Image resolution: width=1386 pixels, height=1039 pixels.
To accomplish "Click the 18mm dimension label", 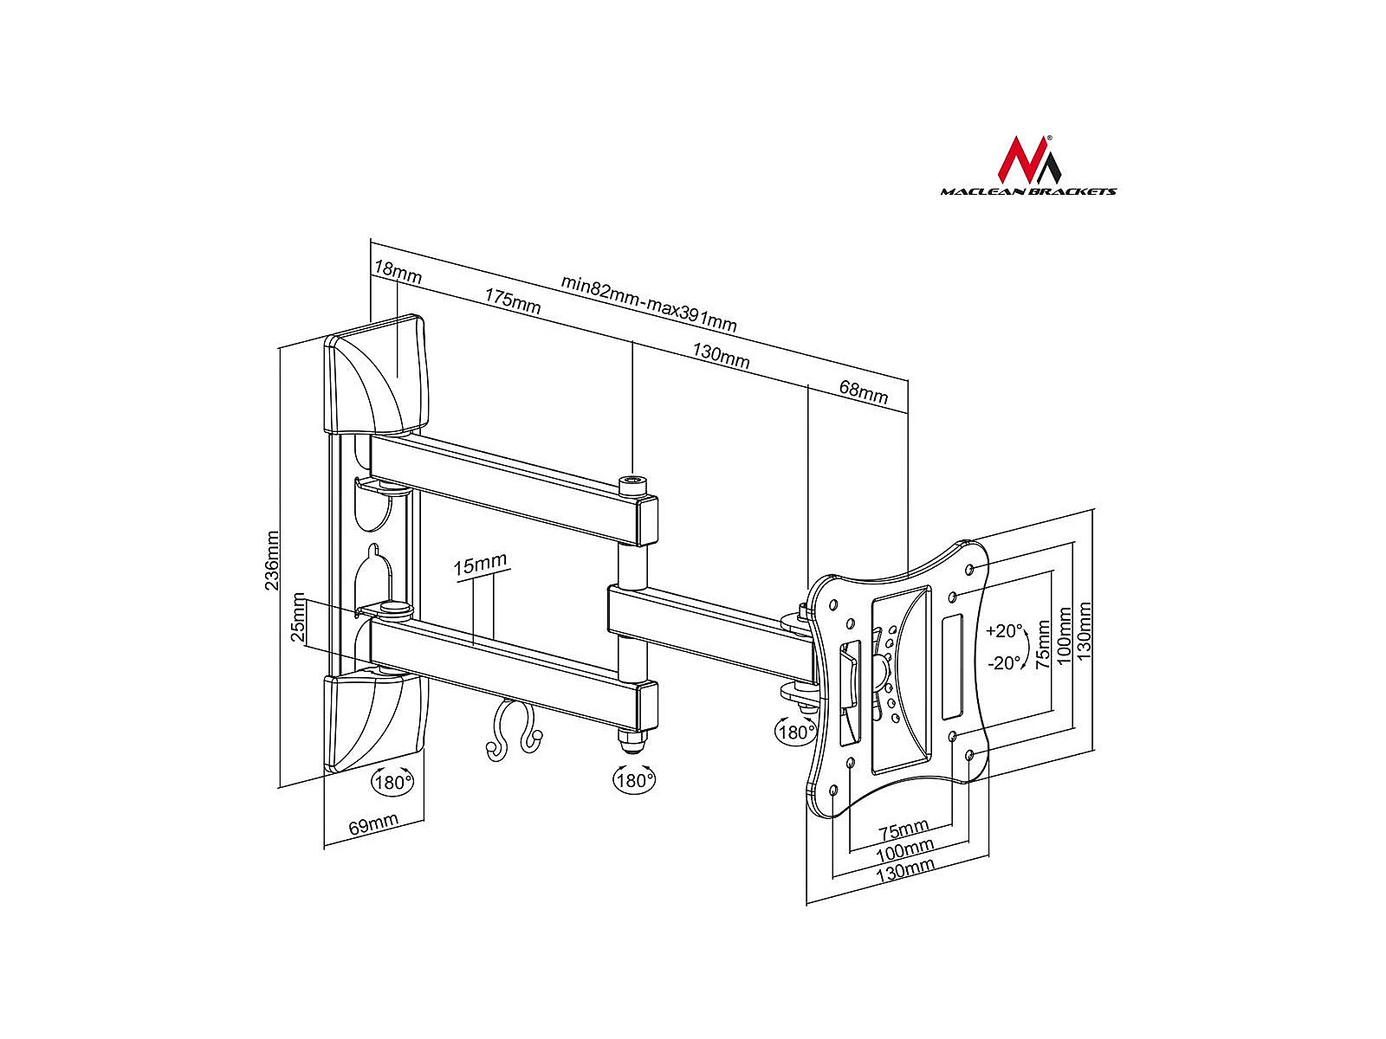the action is pos(397,272).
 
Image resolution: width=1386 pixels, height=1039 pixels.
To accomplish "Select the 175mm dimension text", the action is pos(512,301).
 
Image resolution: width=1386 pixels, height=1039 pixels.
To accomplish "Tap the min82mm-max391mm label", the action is pos(649,303).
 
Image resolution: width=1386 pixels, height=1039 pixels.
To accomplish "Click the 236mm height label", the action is pos(271,560).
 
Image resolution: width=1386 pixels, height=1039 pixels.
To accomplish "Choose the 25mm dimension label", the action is pos(297,617).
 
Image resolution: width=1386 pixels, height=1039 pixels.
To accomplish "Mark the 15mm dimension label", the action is pos(480,564).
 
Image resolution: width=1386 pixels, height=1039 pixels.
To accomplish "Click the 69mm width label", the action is pos(373,823).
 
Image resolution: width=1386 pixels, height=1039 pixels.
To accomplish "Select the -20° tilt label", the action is pos(1004,662).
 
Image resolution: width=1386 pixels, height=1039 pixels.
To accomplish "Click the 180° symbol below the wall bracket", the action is pos(392,782).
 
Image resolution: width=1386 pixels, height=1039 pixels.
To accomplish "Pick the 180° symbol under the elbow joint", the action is pos(634,780).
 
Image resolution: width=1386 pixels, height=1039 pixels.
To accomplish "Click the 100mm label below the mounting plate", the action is pos(905,850).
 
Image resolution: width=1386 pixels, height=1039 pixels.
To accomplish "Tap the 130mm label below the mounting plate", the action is pos(905,870).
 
